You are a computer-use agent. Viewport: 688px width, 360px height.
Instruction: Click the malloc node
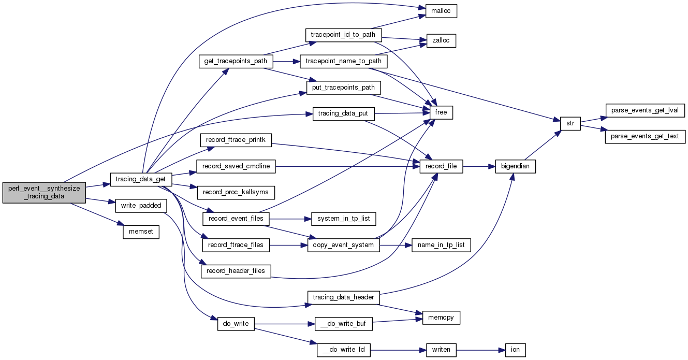click(441, 11)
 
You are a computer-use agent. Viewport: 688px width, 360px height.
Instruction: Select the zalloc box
click(441, 40)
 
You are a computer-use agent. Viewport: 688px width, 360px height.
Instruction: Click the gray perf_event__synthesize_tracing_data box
click(44, 193)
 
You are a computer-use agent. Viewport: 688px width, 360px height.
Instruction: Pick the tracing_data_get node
click(140, 179)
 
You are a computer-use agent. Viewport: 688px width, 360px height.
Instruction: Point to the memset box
click(140, 232)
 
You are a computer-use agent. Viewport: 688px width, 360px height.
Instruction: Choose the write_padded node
click(140, 206)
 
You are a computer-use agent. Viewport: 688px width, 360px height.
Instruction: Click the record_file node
click(442, 167)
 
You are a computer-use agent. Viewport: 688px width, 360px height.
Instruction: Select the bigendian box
click(515, 167)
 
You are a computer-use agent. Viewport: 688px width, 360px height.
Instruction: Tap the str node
click(570, 124)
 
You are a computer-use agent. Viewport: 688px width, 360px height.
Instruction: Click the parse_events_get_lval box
click(645, 110)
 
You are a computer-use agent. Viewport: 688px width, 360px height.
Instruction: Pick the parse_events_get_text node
click(645, 137)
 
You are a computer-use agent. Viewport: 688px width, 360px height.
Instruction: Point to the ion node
click(515, 350)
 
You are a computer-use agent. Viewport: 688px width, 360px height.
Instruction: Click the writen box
click(441, 350)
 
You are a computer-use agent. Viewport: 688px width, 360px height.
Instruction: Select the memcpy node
click(441, 318)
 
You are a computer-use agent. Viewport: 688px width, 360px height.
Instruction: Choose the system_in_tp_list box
click(343, 219)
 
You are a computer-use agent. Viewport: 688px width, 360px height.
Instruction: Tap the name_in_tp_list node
click(441, 244)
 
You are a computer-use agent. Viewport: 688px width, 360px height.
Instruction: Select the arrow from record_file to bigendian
click(479, 167)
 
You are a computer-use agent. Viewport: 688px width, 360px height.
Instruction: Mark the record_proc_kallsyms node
click(236, 192)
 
